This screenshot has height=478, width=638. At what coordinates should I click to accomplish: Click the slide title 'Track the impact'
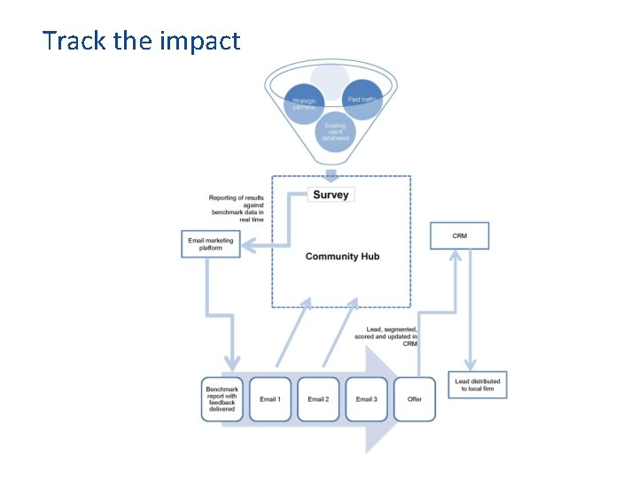click(x=141, y=41)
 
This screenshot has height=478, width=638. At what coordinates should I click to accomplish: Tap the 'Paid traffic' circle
click(x=363, y=100)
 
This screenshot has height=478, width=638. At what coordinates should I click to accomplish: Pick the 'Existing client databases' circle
click(x=336, y=132)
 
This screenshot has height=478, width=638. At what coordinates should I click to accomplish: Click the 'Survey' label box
click(x=331, y=194)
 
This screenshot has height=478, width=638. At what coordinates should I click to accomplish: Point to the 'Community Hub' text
click(x=341, y=257)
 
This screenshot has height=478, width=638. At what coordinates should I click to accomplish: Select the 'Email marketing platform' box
click(x=212, y=243)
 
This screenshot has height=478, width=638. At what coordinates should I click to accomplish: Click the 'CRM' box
click(x=459, y=235)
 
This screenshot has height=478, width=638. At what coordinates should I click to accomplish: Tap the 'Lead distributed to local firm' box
click(x=477, y=384)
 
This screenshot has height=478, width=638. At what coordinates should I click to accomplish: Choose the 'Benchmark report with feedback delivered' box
click(x=222, y=398)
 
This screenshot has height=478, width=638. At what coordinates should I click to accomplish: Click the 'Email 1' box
click(x=269, y=399)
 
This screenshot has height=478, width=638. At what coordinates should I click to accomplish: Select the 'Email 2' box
click(x=317, y=399)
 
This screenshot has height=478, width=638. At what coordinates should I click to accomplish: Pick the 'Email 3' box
click(x=366, y=399)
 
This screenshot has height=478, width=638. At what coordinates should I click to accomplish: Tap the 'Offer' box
click(x=415, y=399)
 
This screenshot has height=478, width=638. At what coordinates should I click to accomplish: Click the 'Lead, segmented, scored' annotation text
click(x=392, y=336)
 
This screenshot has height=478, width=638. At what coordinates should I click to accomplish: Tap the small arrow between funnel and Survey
click(x=331, y=173)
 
